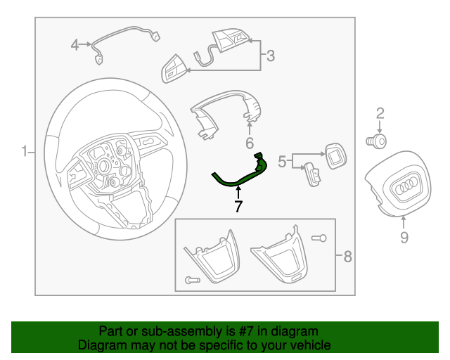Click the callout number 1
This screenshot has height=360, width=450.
(24, 151)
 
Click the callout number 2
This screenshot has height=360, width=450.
(380, 113)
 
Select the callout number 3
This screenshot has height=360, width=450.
(270, 55)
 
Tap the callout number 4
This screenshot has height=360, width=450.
(75, 46)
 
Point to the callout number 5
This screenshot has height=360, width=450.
(282, 162)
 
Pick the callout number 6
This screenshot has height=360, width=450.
(249, 143)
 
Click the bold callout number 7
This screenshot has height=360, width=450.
(238, 206)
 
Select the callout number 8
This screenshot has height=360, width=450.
(347, 257)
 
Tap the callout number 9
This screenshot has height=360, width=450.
(404, 238)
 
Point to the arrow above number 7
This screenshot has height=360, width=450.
(238, 192)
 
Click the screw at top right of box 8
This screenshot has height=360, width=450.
(319, 238)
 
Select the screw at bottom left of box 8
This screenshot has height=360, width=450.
(193, 280)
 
